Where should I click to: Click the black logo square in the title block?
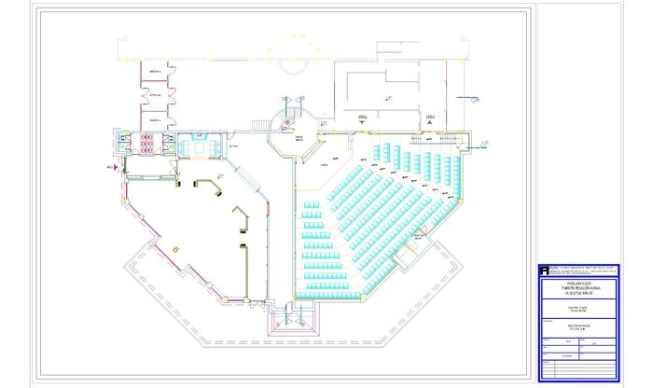[545, 270]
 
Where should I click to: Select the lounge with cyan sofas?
[199, 146]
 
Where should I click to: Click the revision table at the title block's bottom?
[583, 358]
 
